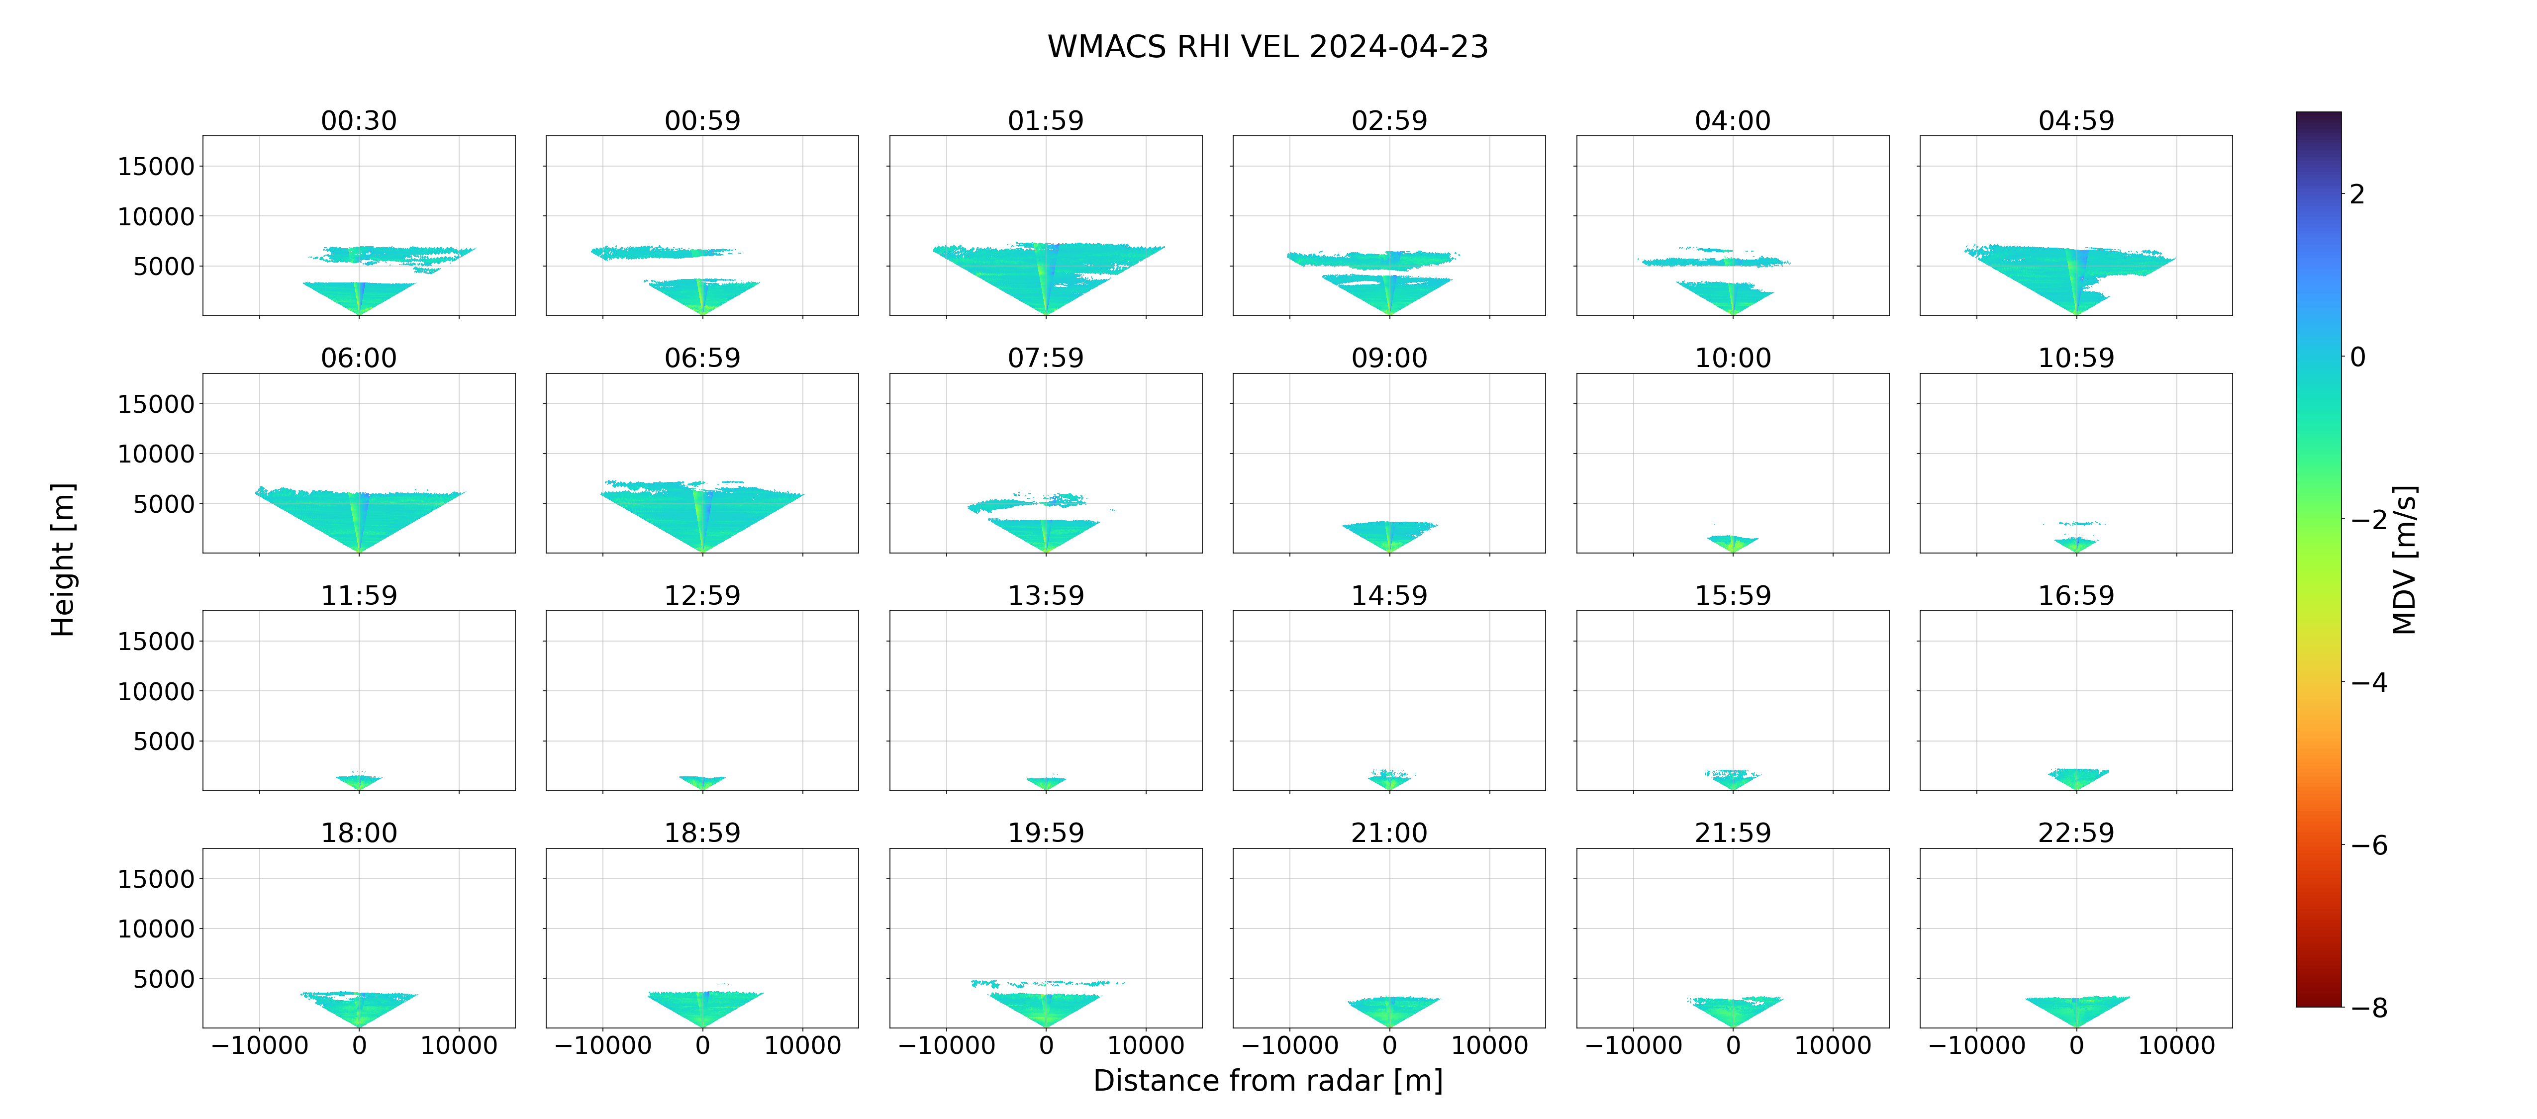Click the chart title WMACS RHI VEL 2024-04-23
point(1268,46)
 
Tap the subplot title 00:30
point(359,120)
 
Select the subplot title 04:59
point(2076,120)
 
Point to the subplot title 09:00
point(1389,358)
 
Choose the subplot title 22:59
point(2076,833)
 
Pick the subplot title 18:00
point(359,833)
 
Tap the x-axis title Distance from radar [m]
point(1268,1081)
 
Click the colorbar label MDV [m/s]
point(2404,559)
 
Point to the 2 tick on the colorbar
point(2357,194)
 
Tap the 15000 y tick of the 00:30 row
point(156,167)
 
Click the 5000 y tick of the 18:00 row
point(164,978)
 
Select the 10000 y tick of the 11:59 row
point(156,691)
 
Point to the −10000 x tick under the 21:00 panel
point(1289,1045)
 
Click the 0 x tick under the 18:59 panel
point(702,1045)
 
